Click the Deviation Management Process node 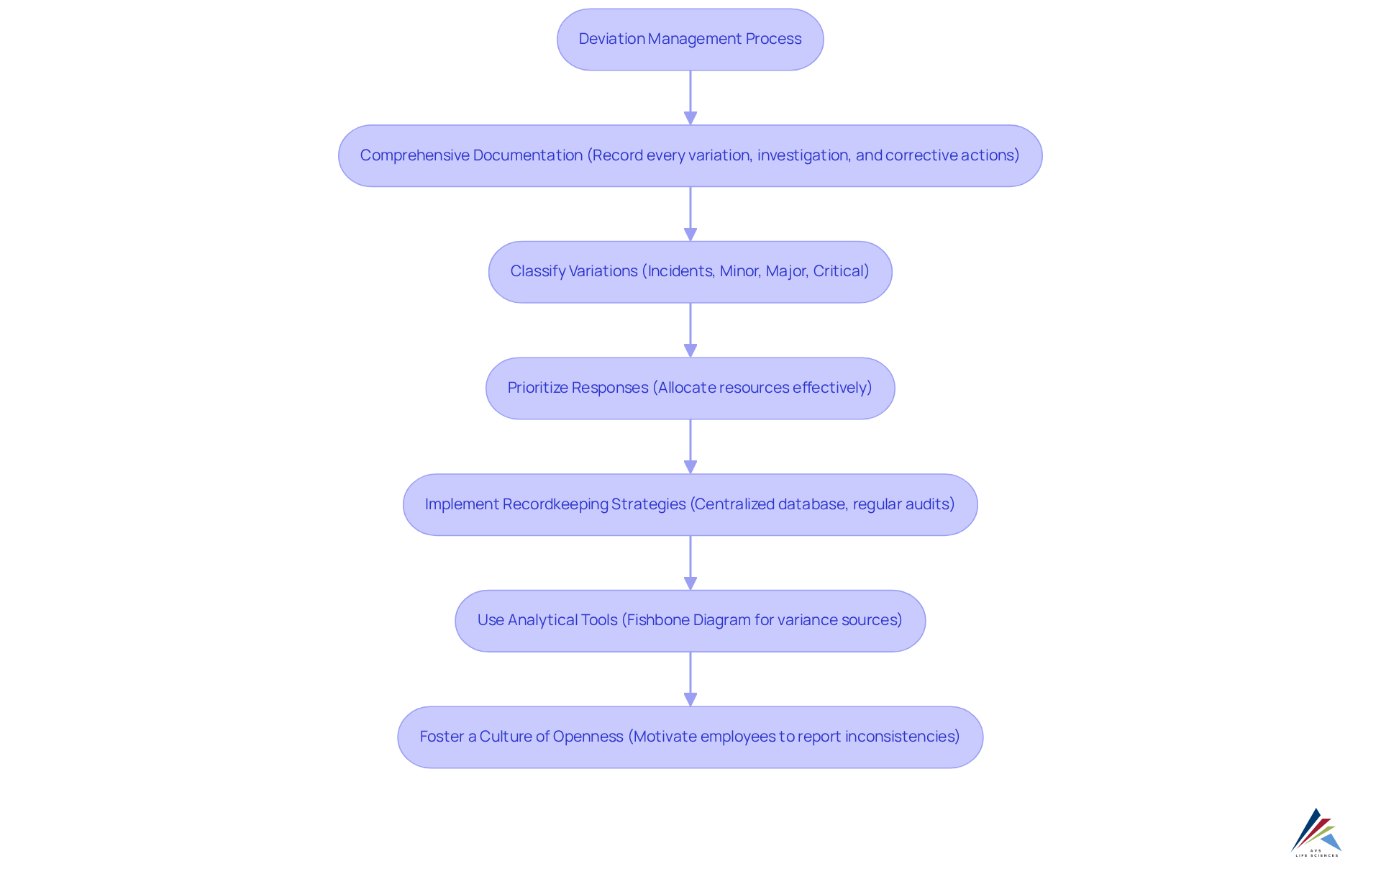[x=690, y=40]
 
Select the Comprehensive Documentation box [x=690, y=156]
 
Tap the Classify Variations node [x=690, y=272]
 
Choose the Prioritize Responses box [x=690, y=388]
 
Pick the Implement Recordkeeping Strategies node [x=690, y=504]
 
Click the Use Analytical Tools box [x=690, y=621]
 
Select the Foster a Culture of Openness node [x=690, y=737]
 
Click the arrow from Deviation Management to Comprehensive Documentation [x=690, y=97]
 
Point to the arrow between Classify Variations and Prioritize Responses [x=690, y=329]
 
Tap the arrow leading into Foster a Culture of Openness [x=690, y=678]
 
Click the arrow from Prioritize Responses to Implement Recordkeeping [x=690, y=446]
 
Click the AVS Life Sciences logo [x=1316, y=832]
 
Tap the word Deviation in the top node [x=611, y=39]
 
